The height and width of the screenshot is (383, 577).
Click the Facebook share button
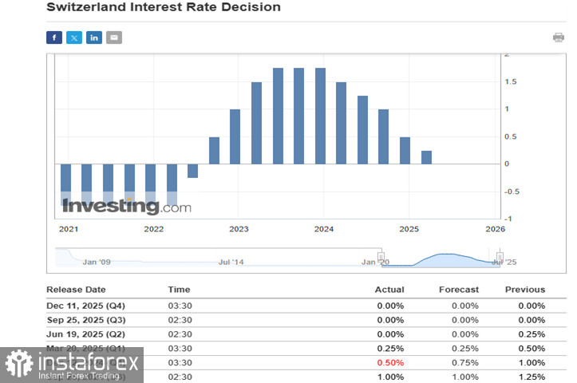(x=54, y=38)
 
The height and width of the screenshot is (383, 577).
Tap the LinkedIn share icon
(x=94, y=38)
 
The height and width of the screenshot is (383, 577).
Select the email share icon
(x=114, y=38)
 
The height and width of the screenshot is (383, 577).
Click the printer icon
(x=559, y=38)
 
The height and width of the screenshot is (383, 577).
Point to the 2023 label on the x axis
(x=239, y=229)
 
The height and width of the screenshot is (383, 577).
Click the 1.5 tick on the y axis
(x=509, y=81)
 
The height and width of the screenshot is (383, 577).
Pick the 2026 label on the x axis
(x=496, y=229)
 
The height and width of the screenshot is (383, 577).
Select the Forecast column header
(x=459, y=290)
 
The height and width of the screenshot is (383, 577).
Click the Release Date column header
(x=76, y=290)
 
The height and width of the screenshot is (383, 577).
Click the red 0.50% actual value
(x=390, y=363)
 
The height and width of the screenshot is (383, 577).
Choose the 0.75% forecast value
(x=465, y=363)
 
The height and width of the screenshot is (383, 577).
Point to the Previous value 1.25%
(x=531, y=377)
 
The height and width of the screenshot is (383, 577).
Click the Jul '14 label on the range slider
(x=231, y=262)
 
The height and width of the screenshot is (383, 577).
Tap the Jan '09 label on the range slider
(x=96, y=262)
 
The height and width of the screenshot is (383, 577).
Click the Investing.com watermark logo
(x=126, y=207)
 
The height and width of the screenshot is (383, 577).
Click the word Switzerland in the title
(x=86, y=7)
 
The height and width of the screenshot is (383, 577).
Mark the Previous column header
(x=525, y=290)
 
